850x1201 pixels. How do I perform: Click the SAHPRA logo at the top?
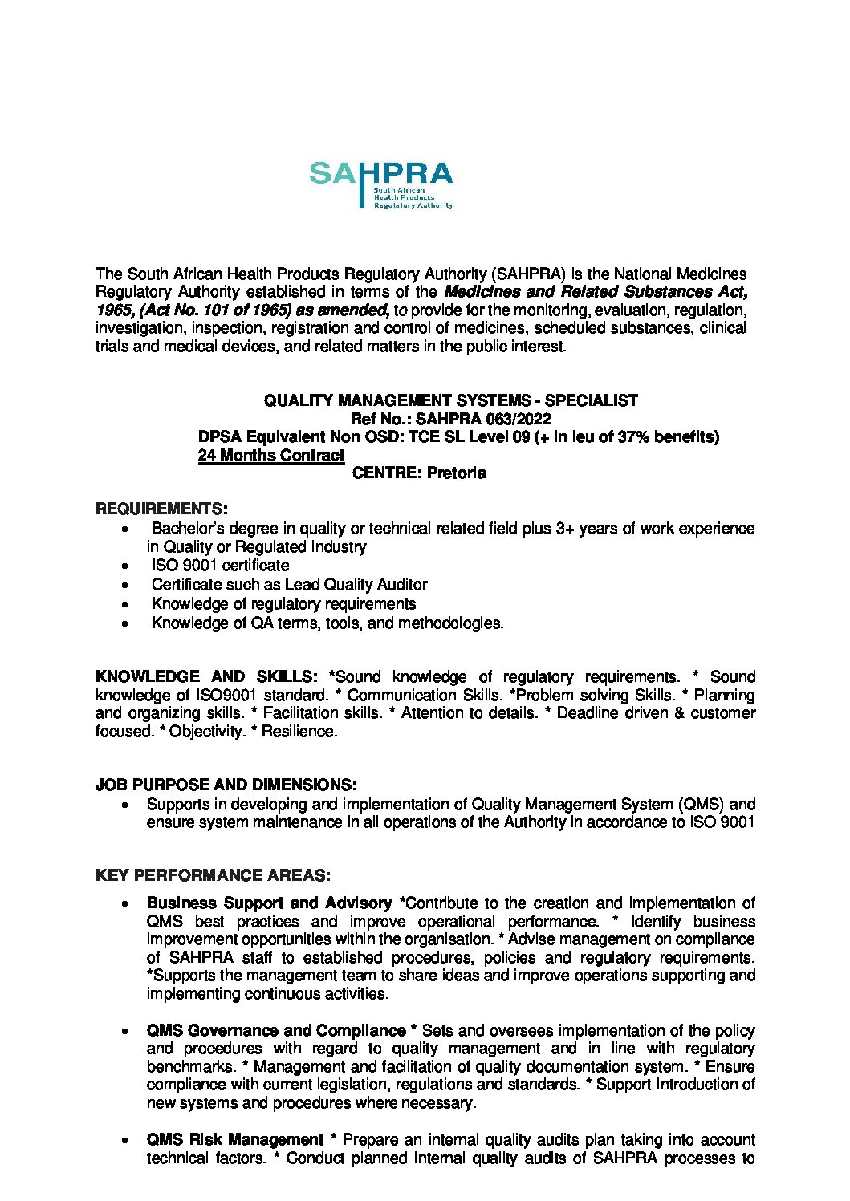tap(380, 184)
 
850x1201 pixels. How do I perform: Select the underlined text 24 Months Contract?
tap(271, 455)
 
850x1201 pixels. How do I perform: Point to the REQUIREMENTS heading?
tap(161, 509)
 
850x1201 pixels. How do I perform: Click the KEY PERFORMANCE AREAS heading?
tap(213, 875)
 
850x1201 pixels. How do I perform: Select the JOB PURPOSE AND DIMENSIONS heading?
tap(226, 784)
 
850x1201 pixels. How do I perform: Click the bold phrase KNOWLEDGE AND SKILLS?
tap(206, 676)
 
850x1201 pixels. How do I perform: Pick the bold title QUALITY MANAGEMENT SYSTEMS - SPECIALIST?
tap(451, 400)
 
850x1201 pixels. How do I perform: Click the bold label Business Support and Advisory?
tap(269, 903)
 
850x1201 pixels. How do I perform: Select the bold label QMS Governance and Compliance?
tap(276, 1030)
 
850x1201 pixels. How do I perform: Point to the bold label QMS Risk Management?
tap(235, 1139)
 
